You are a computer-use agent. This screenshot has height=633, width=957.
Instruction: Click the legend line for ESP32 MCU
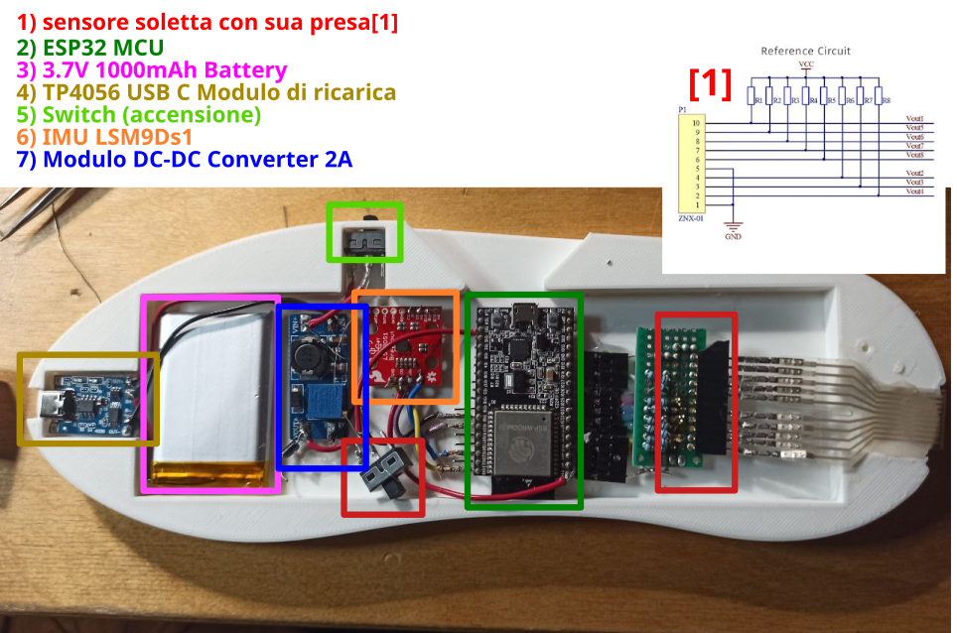point(90,47)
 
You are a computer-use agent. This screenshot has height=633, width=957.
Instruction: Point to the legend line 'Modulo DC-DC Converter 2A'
point(185,159)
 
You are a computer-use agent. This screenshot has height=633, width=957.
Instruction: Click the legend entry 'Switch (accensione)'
point(139,114)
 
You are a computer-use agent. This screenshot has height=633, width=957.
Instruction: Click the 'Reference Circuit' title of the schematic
point(805,51)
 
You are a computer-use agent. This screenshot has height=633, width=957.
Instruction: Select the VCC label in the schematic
point(806,63)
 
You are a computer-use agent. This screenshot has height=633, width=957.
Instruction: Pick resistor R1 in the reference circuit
point(753,99)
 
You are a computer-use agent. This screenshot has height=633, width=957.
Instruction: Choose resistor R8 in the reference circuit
point(881,99)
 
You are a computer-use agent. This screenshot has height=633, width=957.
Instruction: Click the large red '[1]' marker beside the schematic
point(710,85)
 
